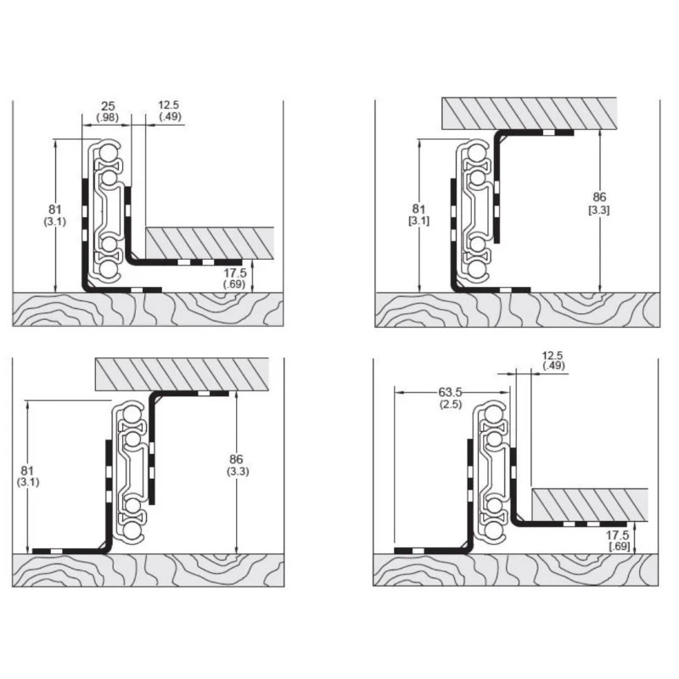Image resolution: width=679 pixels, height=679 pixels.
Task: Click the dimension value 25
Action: pos(108,106)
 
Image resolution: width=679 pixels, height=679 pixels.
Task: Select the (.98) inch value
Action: pos(108,117)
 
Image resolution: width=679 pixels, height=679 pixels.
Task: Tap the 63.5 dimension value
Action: pos(451,392)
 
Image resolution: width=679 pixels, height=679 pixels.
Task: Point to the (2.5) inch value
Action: pos(451,404)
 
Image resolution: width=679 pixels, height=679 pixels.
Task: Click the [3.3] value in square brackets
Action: pos(599,210)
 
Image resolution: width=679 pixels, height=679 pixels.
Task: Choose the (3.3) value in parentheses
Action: pos(238,471)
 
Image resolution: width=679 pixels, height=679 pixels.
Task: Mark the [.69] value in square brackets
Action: pos(620,546)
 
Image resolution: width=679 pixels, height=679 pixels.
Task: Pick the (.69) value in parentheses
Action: pos(234,284)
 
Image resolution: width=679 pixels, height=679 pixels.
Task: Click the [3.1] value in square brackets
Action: pos(418,221)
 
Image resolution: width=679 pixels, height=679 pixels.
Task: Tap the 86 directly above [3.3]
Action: pos(599,198)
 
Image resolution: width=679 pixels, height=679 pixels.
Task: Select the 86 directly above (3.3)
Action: pos(236,459)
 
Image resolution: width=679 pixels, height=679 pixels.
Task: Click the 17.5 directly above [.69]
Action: pos(617,536)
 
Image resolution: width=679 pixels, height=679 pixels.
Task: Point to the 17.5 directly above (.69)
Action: pos(235,272)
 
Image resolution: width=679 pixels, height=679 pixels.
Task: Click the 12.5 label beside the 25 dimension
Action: pos(168,104)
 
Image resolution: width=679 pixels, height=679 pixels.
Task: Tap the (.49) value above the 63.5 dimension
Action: pos(553,366)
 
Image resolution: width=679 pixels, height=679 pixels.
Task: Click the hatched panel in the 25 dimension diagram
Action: pos(210,243)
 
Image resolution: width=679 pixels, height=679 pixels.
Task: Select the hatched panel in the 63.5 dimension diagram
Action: pos(590,505)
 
